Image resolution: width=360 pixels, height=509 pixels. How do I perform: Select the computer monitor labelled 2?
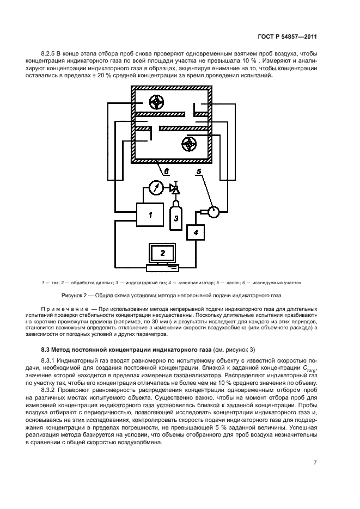[x=162, y=253]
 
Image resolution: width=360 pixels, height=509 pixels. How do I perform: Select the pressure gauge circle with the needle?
[x=156, y=188]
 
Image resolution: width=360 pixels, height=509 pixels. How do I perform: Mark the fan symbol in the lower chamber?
[x=188, y=144]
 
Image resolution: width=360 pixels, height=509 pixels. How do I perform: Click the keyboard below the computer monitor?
[x=162, y=267]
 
